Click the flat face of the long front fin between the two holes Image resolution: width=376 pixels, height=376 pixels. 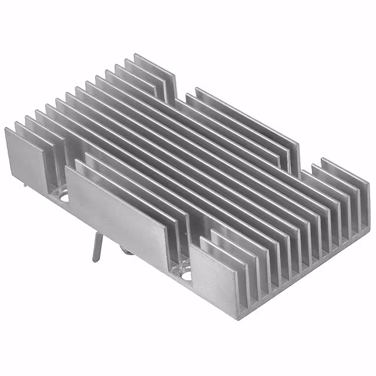click(x=117, y=211)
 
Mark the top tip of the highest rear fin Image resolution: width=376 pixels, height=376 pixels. click(x=136, y=55)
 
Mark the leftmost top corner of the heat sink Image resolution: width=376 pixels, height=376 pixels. click(x=5, y=128)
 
